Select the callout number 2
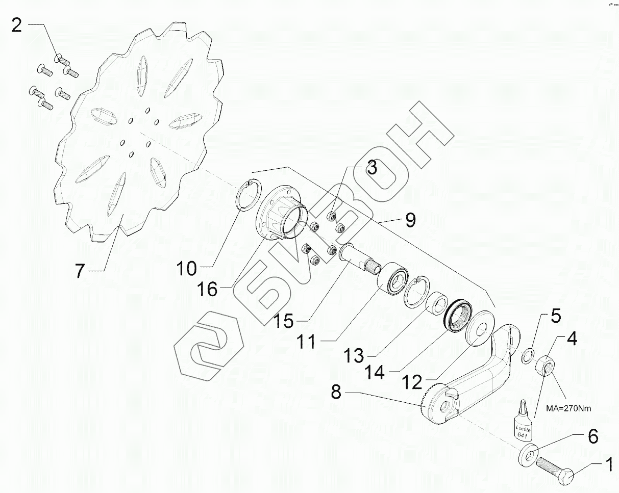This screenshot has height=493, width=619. pos(17,25)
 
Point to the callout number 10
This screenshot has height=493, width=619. pos(187,267)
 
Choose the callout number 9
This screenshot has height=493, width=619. pos(410,220)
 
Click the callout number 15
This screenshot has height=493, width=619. pos(283,321)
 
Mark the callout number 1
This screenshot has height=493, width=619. pos(608,464)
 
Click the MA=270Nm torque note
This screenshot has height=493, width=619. pos(571,408)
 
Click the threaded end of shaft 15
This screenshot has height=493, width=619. pos(372,266)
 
